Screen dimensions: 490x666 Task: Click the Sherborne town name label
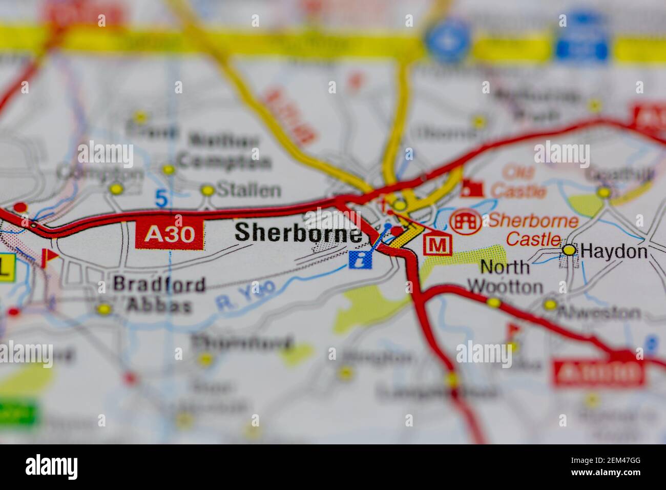coord(298,233)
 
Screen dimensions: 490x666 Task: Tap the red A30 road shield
coord(170,235)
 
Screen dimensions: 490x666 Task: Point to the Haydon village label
coord(614,251)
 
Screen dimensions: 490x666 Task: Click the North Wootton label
coord(505,277)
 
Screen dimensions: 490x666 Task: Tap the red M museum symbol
coord(437,245)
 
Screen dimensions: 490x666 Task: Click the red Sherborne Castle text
coord(533,230)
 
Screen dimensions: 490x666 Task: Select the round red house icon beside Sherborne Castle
coord(465,221)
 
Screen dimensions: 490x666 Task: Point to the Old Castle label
coord(518,181)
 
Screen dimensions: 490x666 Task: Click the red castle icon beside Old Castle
coord(471,188)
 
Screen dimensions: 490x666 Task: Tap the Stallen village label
coord(249,190)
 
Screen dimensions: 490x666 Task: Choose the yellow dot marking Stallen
coord(207,190)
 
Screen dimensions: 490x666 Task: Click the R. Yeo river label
coord(245,296)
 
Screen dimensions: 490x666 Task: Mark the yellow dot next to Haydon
coord(569,250)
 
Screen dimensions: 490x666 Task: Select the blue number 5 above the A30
coord(161,198)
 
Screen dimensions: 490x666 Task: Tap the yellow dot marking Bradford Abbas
coord(105,309)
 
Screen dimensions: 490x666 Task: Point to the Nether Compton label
coord(228,151)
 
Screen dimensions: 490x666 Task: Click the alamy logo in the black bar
coord(51,467)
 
